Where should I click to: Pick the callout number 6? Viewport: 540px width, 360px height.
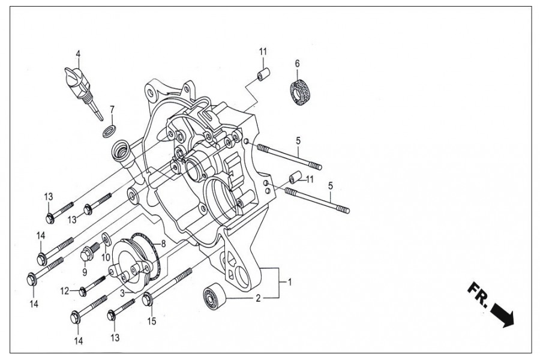click(x=297, y=63)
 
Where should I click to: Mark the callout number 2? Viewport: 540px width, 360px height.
click(x=258, y=298)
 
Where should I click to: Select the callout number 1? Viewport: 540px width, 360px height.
click(x=289, y=281)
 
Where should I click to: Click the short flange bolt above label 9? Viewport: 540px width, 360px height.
click(x=87, y=253)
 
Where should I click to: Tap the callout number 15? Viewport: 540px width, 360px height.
click(x=151, y=321)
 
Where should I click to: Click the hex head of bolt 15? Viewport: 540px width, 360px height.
click(x=147, y=298)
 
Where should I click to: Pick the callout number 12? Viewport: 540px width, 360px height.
click(x=64, y=291)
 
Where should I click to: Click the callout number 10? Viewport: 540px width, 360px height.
click(x=106, y=257)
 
